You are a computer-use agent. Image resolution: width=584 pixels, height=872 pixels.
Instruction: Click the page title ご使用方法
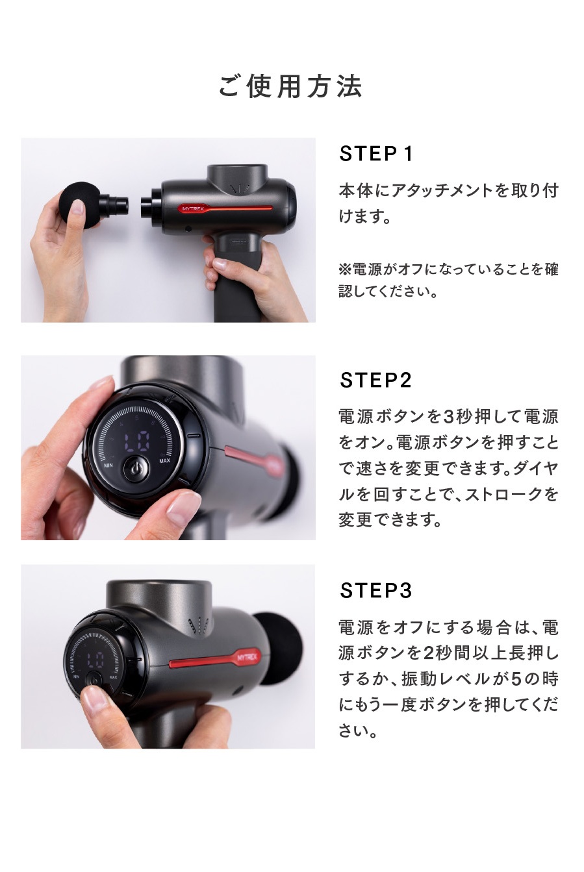[290, 86]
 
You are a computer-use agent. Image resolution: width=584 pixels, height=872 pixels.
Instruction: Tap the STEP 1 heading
[375, 154]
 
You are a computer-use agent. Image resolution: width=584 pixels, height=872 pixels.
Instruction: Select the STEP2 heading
[375, 380]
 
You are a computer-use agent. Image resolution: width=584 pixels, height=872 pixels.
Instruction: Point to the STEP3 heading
[375, 591]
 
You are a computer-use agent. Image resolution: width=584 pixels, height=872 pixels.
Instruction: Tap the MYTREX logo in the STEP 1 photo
[193, 208]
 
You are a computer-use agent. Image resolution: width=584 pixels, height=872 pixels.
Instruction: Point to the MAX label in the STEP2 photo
[164, 461]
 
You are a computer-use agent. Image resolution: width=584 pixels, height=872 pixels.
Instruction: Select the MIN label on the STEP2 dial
[108, 465]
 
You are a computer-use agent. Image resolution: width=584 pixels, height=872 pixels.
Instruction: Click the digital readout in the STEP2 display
[137, 441]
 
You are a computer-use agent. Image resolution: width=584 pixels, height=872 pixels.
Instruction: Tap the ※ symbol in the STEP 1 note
[345, 269]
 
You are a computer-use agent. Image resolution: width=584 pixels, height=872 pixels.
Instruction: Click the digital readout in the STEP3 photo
[95, 660]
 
